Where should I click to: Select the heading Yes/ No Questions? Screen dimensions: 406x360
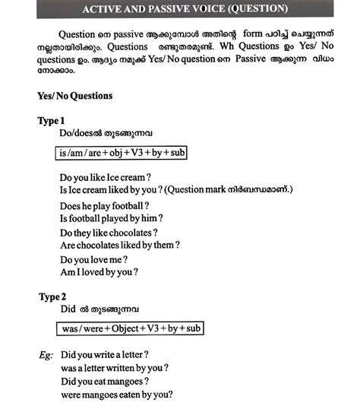click(74, 97)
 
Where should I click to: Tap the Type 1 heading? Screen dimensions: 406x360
click(52, 121)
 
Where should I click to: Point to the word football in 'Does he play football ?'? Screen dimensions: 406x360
click(126, 206)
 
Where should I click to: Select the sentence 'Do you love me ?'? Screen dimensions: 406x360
click(98, 259)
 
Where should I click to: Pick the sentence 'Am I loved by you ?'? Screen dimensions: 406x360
click(98, 271)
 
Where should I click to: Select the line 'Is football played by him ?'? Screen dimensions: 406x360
click(112, 219)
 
